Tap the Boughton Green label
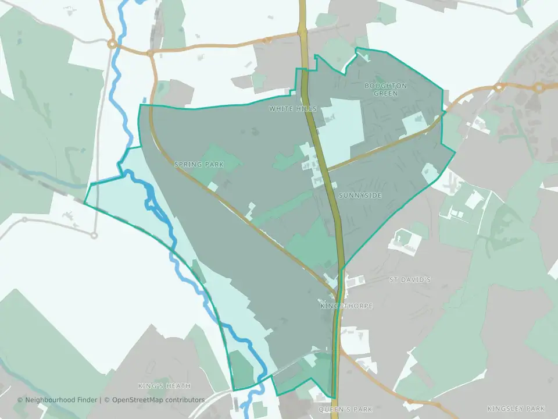tap(385, 89)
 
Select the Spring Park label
tap(199, 165)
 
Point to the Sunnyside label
tap(360, 196)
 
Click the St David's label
tap(410, 280)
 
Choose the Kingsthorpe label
tap(346, 306)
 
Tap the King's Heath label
tap(164, 386)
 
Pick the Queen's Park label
tap(345, 410)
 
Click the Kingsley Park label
tap(516, 409)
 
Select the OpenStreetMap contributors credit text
tap(158, 400)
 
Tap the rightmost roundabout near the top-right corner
tap(539, 88)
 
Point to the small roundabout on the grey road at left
tap(94, 235)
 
